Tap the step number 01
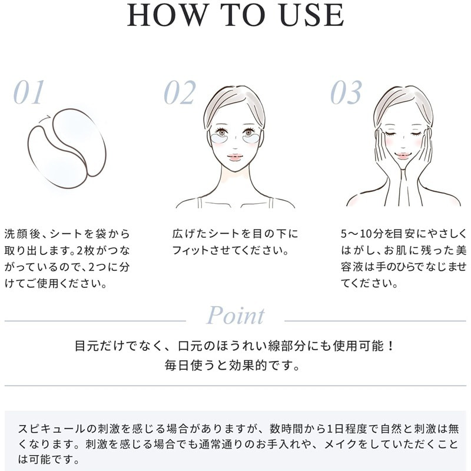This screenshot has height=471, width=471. point(29,92)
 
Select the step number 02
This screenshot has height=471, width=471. point(180,92)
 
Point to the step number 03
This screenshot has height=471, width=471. point(346,92)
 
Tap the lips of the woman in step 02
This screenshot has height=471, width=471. point(234,157)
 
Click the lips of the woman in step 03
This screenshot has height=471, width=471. point(402,156)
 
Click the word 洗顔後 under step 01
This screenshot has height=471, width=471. point(22,234)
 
